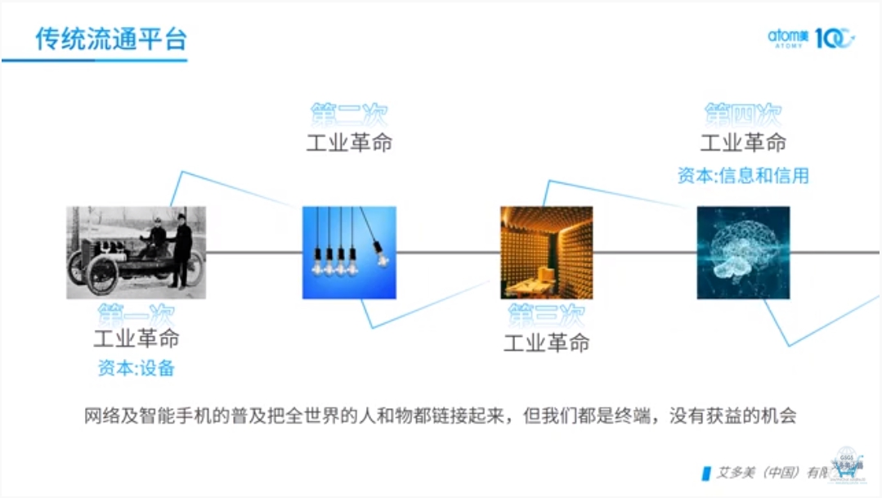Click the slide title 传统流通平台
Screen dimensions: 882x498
(x=110, y=38)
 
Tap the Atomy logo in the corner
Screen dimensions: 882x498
(x=810, y=38)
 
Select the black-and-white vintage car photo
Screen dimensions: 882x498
(x=136, y=252)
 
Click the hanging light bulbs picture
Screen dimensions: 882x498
(x=349, y=252)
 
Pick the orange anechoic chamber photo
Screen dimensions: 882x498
(x=546, y=252)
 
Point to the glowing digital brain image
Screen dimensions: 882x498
(x=743, y=252)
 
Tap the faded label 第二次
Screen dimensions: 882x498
(x=349, y=114)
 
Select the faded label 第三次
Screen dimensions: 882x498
(x=546, y=315)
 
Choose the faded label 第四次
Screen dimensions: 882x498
(x=743, y=114)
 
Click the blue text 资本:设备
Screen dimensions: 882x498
(x=136, y=368)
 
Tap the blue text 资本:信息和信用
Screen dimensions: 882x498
(x=743, y=175)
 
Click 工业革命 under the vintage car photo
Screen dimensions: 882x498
(x=136, y=339)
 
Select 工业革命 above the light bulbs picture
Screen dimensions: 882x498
(x=349, y=142)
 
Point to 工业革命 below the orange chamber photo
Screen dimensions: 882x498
(x=546, y=343)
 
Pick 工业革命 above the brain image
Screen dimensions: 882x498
(x=743, y=142)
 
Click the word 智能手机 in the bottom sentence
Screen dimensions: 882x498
(x=178, y=415)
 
